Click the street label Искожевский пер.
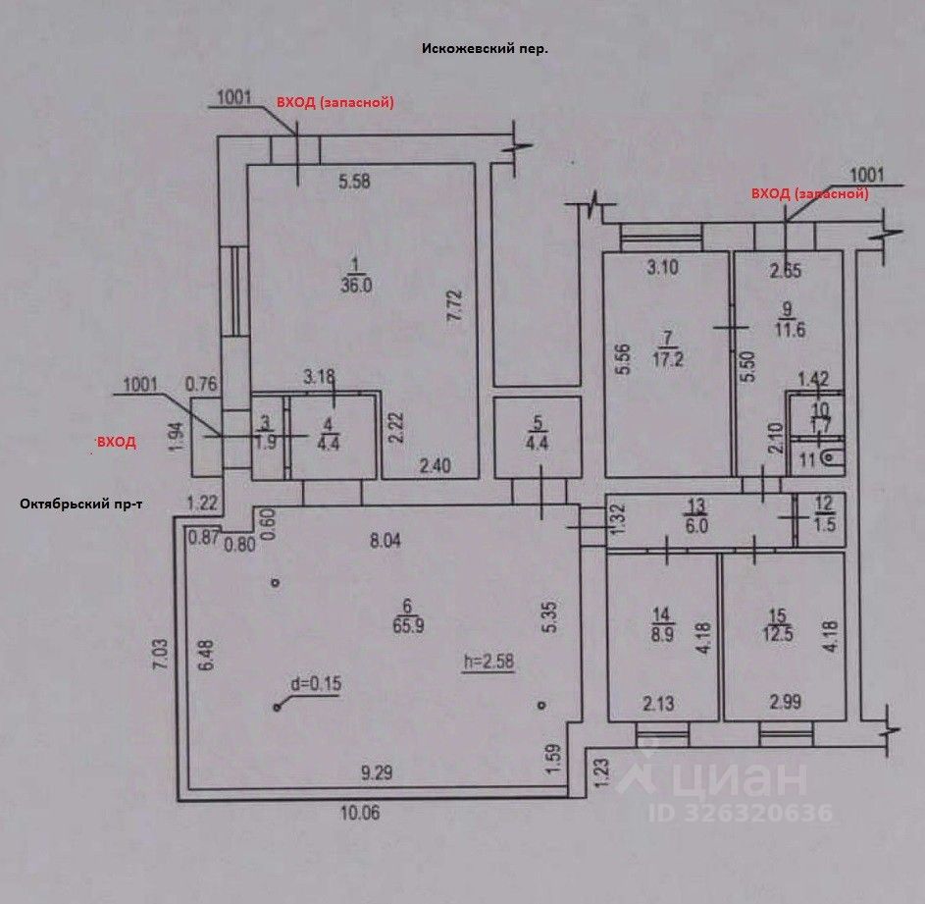click(x=484, y=48)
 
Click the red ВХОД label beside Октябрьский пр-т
click(x=115, y=444)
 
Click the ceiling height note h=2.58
click(x=488, y=661)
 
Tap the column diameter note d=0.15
click(x=316, y=684)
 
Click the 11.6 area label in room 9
click(x=789, y=330)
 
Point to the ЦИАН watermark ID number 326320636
click(x=740, y=813)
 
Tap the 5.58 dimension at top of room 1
click(x=356, y=181)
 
